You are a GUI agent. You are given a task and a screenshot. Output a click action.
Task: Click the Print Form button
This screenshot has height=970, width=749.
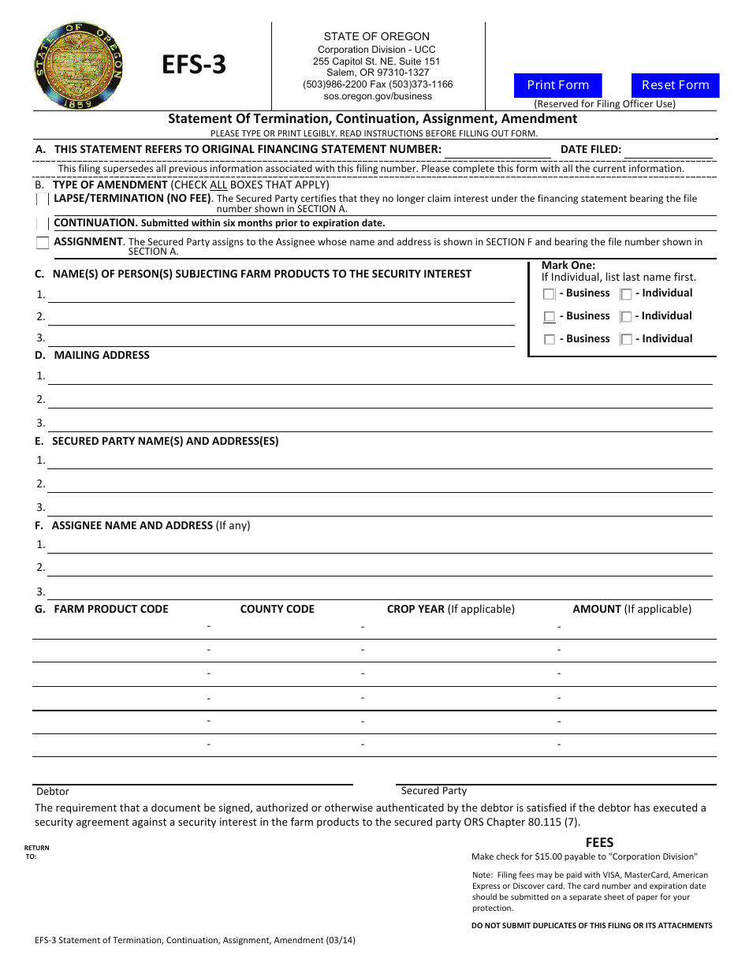(x=558, y=85)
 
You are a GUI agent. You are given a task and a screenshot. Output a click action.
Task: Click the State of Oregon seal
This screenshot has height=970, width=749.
(x=79, y=65)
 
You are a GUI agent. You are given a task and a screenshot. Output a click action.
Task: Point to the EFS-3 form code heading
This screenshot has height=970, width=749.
(x=194, y=65)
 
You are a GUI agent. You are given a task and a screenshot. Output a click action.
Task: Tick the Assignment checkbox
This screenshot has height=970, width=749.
(x=43, y=243)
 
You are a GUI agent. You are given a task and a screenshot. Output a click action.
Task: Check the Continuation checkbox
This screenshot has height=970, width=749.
(x=43, y=223)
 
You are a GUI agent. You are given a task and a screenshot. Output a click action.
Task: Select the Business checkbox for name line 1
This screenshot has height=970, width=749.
(x=550, y=294)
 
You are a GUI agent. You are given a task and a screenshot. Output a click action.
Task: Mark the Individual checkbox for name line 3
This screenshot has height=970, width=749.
(x=626, y=340)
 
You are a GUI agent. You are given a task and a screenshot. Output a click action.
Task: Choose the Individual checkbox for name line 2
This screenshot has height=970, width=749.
(x=626, y=317)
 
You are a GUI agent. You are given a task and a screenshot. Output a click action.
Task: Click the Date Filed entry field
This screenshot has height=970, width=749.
(x=669, y=150)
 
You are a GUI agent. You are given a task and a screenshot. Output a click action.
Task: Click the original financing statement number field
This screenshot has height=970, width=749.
(x=497, y=150)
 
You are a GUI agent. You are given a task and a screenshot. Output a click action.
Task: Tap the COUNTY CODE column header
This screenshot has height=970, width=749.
(x=277, y=609)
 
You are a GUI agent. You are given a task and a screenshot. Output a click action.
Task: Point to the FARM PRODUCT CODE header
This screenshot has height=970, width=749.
(x=111, y=609)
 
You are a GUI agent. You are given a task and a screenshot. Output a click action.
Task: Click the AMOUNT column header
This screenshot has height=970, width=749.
(x=597, y=609)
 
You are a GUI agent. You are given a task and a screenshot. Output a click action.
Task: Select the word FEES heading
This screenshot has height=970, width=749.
(x=599, y=842)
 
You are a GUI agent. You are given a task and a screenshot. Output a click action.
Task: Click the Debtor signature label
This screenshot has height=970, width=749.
(x=53, y=791)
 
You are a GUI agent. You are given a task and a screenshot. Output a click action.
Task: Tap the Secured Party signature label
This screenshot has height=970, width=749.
(x=434, y=790)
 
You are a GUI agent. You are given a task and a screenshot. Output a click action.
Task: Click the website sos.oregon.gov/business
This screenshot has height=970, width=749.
(x=378, y=96)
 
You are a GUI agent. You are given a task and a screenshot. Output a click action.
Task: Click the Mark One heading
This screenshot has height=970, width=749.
(x=568, y=266)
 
